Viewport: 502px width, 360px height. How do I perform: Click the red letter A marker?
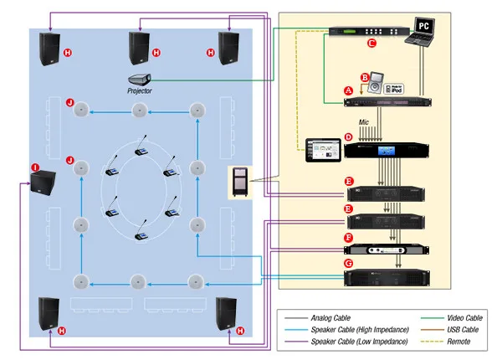coord(348,89)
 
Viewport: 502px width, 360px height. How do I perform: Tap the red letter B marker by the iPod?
coord(364,75)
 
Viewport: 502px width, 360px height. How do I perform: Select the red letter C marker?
coord(372,41)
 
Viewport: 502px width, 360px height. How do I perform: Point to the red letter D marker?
coord(348,136)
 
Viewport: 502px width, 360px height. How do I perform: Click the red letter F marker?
coord(348,239)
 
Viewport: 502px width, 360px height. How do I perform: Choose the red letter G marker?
coord(348,264)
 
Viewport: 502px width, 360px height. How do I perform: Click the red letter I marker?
coord(35,167)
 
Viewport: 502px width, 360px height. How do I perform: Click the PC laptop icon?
coord(423,31)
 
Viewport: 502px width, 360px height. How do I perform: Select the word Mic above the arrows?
coord(364,121)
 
